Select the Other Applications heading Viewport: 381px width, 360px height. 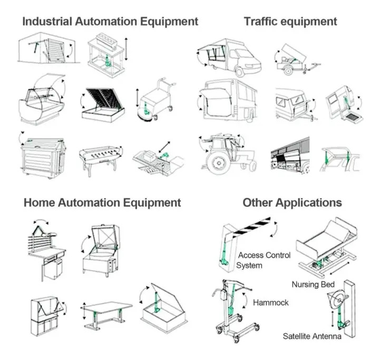292,203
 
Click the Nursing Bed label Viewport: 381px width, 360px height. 313,285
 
